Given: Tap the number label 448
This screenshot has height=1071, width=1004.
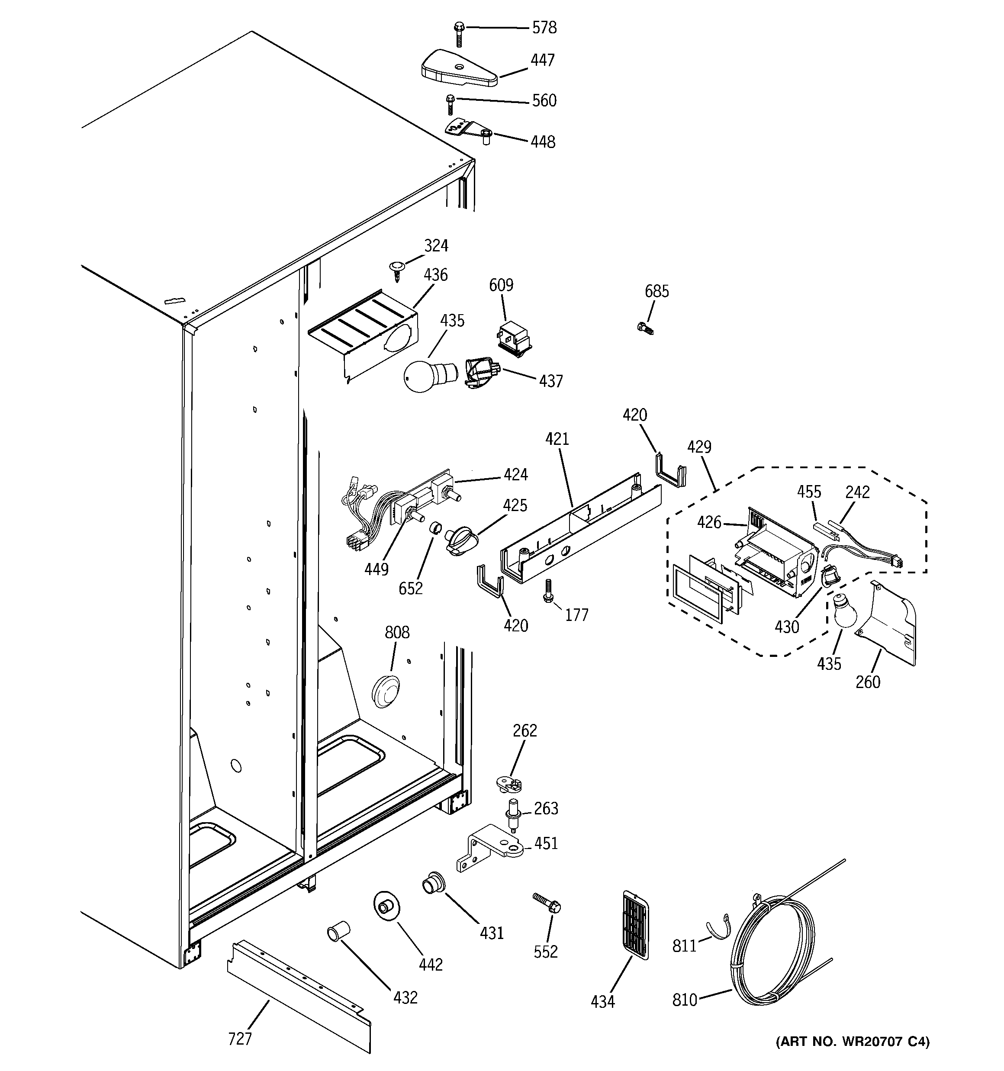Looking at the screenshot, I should [x=543, y=142].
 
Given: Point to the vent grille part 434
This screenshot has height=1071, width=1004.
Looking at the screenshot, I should [x=635, y=924].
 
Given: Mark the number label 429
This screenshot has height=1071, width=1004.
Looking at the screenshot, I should [x=699, y=447].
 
